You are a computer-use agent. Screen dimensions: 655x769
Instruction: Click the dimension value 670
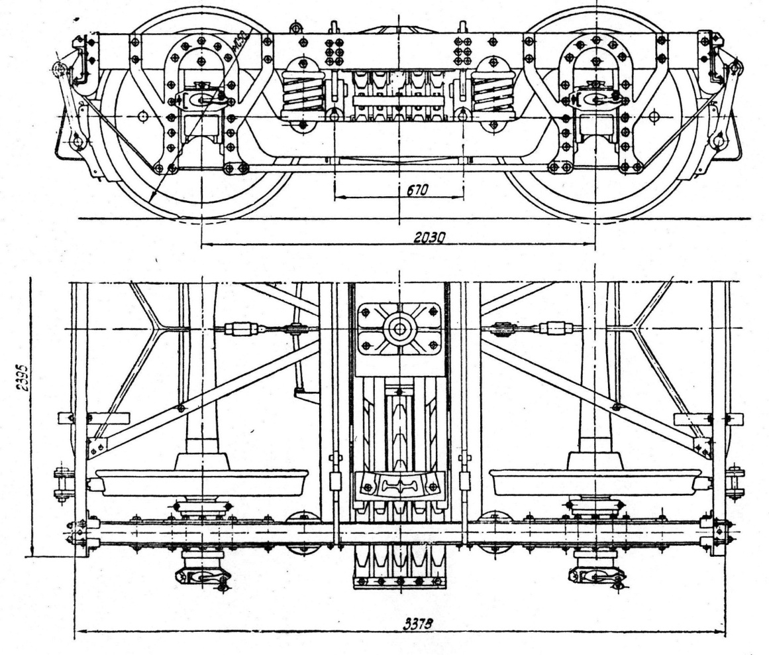tap(416, 190)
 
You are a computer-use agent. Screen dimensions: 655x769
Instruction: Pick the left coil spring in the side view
tap(302, 91)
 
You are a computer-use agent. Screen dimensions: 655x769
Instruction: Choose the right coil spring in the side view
tap(493, 91)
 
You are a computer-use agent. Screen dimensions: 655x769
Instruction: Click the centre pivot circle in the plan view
tap(399, 329)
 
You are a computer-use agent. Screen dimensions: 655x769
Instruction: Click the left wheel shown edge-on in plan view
tap(202, 482)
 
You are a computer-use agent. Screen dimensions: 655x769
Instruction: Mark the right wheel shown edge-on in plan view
tap(595, 482)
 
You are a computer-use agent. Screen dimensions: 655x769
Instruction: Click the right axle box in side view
tap(595, 99)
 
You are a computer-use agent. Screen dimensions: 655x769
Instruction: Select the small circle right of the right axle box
tap(654, 116)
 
